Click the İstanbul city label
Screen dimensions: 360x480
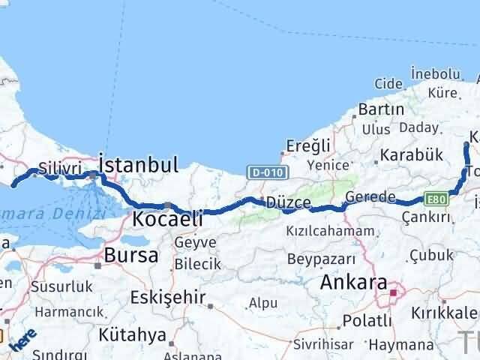(x=139, y=164)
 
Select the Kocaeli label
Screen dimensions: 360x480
(x=168, y=219)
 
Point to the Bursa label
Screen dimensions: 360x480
(x=131, y=254)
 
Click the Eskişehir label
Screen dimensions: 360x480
(x=168, y=297)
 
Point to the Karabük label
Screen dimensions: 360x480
(x=412, y=155)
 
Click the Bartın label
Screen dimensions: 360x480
(x=381, y=109)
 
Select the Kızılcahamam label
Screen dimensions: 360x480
(x=329, y=231)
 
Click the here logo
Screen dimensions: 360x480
(x=22, y=341)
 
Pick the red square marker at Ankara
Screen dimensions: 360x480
(x=393, y=292)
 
